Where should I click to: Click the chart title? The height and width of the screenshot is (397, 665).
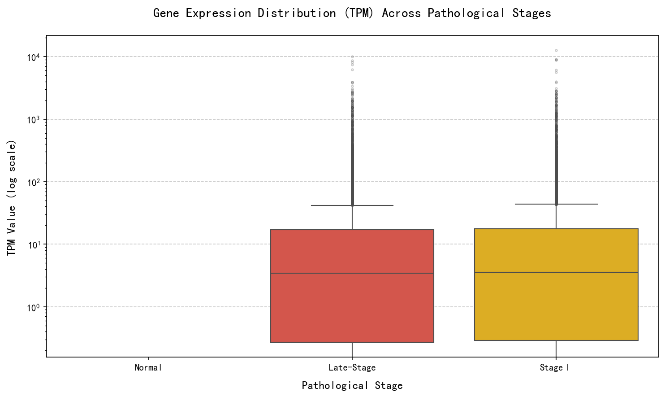point(352,13)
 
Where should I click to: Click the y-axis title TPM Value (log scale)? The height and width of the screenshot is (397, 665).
point(12,198)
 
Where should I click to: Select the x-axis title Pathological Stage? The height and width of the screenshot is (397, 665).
point(352,386)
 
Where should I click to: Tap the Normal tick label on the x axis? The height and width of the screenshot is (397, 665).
point(148,368)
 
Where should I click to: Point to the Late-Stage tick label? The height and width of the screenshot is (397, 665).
point(352,368)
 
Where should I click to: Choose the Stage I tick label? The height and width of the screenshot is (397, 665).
point(555,368)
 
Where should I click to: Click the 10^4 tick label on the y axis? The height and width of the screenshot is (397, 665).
point(34,57)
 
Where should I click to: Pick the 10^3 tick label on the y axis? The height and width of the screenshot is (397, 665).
point(34,120)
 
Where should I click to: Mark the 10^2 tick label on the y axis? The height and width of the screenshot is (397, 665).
point(34,182)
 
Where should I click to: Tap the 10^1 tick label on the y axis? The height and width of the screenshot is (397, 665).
point(34,245)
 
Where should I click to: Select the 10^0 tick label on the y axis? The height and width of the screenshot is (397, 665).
point(34,307)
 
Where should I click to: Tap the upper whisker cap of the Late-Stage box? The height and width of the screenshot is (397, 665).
point(352,205)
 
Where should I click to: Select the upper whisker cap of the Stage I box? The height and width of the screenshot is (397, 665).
point(556,204)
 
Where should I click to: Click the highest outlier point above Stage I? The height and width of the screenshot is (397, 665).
point(556,50)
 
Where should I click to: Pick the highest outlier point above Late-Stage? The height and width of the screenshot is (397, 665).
point(352,57)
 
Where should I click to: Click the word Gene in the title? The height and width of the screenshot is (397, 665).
point(166,13)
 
